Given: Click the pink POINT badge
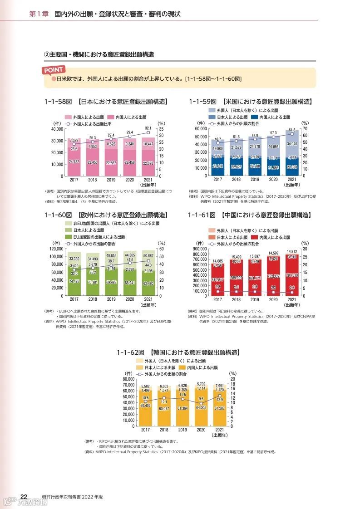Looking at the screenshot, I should [x=54, y=70].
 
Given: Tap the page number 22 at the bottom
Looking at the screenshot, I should [x=24, y=496].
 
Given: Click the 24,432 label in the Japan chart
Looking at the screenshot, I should [x=74, y=162].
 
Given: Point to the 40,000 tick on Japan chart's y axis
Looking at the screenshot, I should [x=57, y=129].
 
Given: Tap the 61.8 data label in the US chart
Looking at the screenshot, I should [x=292, y=130].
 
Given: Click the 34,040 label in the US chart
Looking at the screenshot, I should [x=292, y=144].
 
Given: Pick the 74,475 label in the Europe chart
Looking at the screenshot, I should [x=74, y=281].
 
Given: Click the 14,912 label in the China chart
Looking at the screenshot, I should [x=292, y=252].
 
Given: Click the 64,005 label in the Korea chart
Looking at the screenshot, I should [x=201, y=407].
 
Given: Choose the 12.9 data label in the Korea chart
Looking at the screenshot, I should [x=220, y=399].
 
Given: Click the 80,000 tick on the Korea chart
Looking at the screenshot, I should [x=128, y=379].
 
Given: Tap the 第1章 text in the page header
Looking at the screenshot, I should [x=38, y=14].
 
